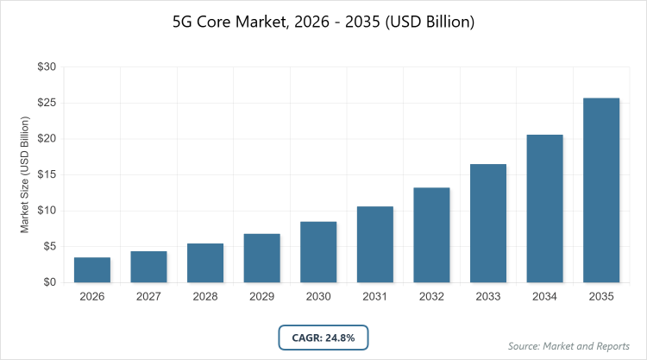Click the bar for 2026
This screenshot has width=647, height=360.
92,269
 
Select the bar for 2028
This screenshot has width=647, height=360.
205,262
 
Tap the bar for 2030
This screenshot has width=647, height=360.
318,252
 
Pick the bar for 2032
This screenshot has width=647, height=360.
431,235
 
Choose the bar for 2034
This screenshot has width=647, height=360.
544,208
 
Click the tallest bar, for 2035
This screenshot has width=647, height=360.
601,190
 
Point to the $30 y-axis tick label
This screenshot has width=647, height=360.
47,66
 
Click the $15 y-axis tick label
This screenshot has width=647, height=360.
47,174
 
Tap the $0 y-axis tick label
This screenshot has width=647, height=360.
50,282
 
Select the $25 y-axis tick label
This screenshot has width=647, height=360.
47,103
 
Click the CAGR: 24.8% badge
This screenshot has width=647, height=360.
323,337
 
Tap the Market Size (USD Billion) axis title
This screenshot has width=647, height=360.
25,174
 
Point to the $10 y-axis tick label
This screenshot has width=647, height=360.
47,211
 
